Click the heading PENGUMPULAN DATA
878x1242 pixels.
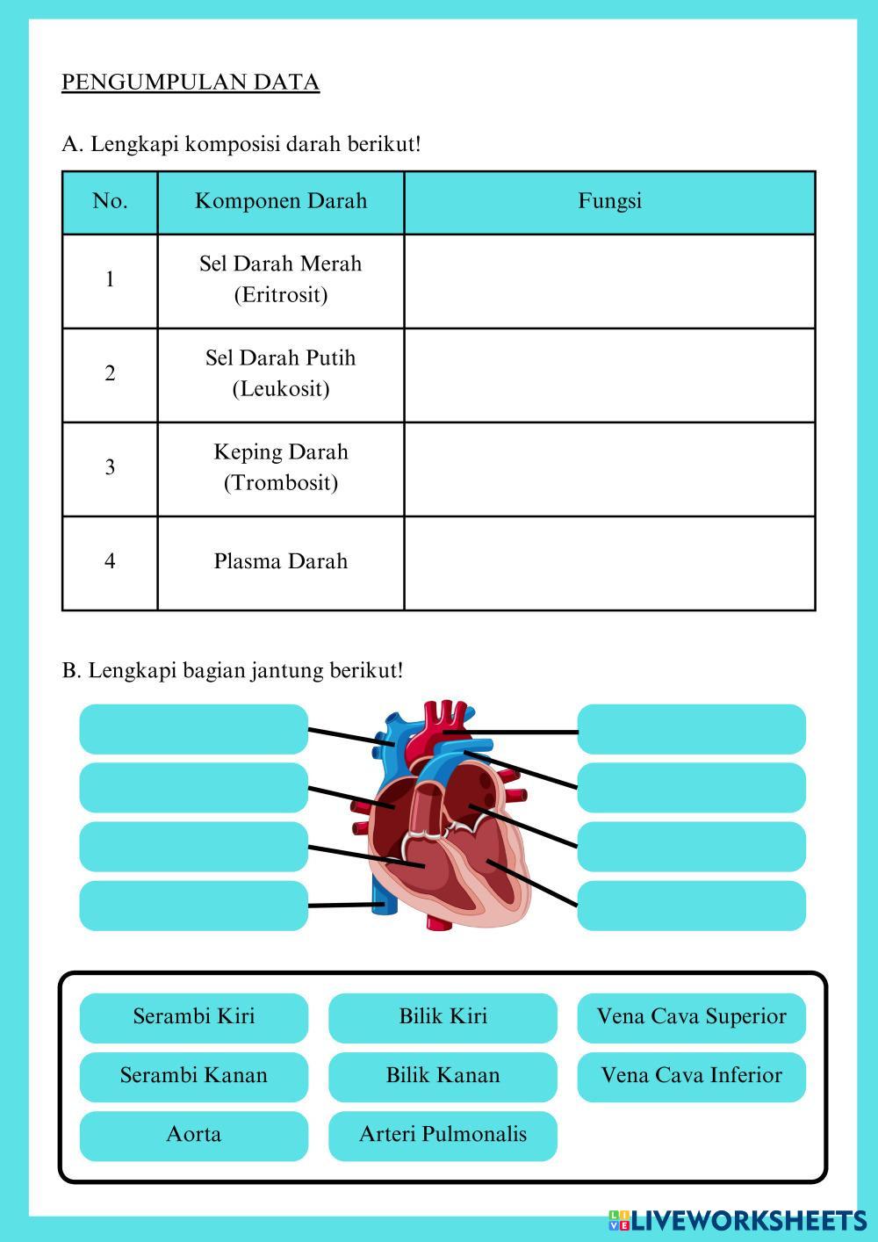pyautogui.click(x=191, y=83)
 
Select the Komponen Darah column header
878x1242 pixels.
pyautogui.click(x=281, y=201)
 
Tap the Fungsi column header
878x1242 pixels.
pyautogui.click(x=609, y=201)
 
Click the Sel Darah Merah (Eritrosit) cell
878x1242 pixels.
pyautogui.click(x=281, y=279)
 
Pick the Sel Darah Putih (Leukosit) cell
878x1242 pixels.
pyautogui.click(x=281, y=373)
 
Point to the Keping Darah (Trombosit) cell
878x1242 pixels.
pyautogui.click(x=281, y=467)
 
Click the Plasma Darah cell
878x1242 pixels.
pyautogui.click(x=281, y=561)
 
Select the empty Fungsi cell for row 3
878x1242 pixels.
pyautogui.click(x=609, y=468)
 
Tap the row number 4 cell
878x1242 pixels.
pyautogui.click(x=110, y=561)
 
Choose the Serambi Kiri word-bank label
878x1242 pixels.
pyautogui.click(x=194, y=1017)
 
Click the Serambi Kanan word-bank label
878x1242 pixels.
pyautogui.click(x=194, y=1076)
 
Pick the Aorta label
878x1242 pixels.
pyautogui.click(x=194, y=1135)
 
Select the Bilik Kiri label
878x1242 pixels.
pyautogui.click(x=443, y=1017)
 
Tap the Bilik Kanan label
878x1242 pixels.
pyautogui.click(x=443, y=1076)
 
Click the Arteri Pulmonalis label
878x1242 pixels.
pyautogui.click(x=443, y=1135)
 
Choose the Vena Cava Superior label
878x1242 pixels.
pyautogui.click(x=691, y=1017)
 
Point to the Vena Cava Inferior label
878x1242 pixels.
pyautogui.click(x=691, y=1076)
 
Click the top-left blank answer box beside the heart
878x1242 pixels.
pyautogui.click(x=194, y=729)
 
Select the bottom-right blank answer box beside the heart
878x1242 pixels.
pyautogui.click(x=691, y=906)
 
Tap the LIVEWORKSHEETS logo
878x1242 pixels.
pyautogui.click(x=738, y=1220)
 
